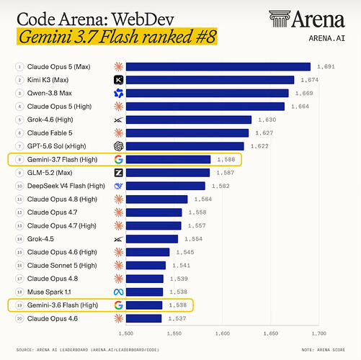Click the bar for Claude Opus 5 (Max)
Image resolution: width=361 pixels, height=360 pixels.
pos(218,67)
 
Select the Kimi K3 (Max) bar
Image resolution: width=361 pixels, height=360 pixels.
pos(210,80)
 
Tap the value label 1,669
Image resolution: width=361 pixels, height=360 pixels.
pos(304,93)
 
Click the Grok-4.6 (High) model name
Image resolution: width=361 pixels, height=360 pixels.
pos(50,120)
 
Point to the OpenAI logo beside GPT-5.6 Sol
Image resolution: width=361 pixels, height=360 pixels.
pos(118,146)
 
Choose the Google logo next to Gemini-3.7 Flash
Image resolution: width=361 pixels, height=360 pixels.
pos(118,159)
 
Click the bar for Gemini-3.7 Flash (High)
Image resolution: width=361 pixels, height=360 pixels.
pos(168,159)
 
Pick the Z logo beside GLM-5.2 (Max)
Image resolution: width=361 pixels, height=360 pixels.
pos(118,173)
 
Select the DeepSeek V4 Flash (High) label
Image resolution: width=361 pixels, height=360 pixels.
pos(66,186)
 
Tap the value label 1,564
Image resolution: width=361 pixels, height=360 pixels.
pos(203,199)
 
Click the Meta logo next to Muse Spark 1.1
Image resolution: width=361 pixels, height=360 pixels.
pos(118,292)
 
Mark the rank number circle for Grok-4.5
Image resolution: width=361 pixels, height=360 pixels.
pos(19,239)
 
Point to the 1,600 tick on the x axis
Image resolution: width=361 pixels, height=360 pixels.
pos(223,333)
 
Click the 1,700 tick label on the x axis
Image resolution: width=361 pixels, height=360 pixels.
pos(319,333)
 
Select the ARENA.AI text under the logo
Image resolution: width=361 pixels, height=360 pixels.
pos(327,38)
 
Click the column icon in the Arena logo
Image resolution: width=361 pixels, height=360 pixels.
pos(280,19)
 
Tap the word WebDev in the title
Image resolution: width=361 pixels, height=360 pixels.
pos(143,19)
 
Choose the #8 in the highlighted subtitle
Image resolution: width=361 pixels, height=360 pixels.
pos(205,37)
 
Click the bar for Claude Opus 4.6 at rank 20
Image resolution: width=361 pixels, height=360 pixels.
pos(143,318)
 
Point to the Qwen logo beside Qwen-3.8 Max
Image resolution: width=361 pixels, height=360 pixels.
pos(118,93)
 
